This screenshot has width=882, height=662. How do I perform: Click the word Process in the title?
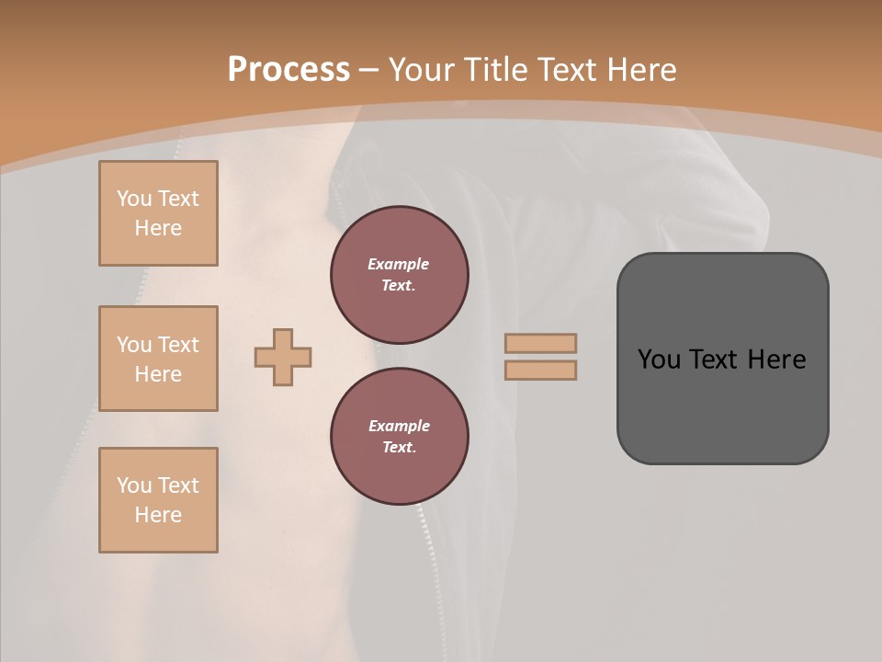point(288,70)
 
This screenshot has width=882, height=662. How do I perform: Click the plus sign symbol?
point(283,357)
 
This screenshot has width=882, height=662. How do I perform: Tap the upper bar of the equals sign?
point(541,343)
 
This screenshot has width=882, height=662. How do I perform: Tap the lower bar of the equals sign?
point(541,371)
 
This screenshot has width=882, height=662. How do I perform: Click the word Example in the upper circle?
point(398,264)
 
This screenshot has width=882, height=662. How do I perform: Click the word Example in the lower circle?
point(399,426)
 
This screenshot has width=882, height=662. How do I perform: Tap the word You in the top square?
point(134,199)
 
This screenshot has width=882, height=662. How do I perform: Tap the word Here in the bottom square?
point(158,515)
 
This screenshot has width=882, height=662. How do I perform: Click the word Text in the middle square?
point(177,345)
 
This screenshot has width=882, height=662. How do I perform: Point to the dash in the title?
point(368,70)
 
